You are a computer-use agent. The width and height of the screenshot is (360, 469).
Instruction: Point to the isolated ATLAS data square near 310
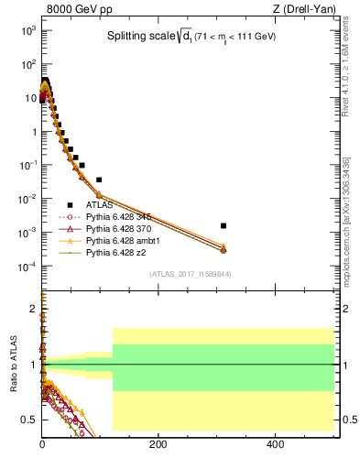point(224,225)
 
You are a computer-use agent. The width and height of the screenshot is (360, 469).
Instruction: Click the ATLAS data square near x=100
point(99,180)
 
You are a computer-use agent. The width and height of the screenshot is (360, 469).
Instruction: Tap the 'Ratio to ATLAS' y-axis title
point(14,365)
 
